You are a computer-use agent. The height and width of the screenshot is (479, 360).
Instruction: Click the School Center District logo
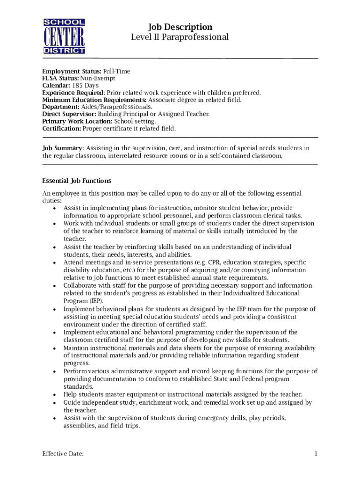pos(64,36)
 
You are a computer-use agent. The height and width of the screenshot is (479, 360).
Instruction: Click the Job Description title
pos(180,27)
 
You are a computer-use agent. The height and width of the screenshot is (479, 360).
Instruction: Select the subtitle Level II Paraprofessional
pos(180,37)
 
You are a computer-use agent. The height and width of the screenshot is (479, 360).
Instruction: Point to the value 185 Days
pos(85,86)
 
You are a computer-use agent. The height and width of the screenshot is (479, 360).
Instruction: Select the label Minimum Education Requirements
pos(94,100)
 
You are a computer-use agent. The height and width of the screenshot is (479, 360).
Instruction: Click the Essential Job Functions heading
pos(77,181)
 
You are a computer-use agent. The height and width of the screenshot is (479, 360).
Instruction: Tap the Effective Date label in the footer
pos(63,454)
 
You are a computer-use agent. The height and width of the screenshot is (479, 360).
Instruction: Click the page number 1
pos(316,454)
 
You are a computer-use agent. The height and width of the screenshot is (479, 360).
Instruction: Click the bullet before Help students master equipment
pos(55,395)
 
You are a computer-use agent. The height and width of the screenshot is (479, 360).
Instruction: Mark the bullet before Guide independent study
pos(55,403)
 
